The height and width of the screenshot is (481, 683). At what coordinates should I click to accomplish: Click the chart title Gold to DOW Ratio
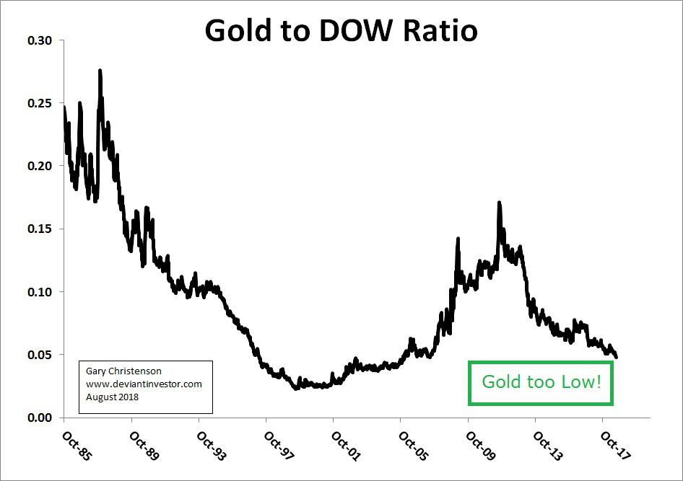(341, 30)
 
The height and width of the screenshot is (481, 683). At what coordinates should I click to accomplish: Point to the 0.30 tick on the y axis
(39, 40)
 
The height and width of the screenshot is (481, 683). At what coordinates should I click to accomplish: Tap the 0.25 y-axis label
(39, 103)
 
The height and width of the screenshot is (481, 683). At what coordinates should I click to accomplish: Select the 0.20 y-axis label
(39, 166)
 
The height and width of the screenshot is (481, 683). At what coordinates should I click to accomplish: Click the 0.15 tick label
(39, 229)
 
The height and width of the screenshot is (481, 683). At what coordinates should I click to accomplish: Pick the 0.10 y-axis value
(39, 292)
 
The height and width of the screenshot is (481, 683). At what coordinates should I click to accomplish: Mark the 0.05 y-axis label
(39, 355)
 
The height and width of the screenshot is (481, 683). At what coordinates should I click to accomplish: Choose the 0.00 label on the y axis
(39, 418)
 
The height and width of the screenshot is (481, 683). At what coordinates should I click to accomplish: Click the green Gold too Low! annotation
(541, 382)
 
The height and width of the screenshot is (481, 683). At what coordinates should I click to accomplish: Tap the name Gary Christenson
(123, 371)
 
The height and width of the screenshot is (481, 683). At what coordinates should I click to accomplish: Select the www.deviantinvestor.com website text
(144, 384)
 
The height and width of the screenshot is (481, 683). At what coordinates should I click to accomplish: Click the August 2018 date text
(112, 397)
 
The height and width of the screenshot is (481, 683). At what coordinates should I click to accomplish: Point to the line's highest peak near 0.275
(100, 71)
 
